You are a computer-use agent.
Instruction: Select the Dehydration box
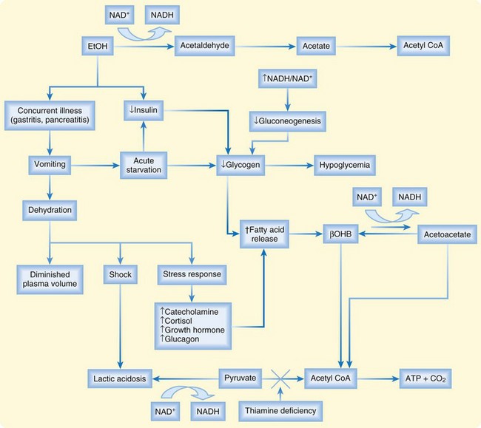pyautogui.click(x=50, y=209)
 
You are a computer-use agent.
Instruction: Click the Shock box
pyautogui.click(x=121, y=274)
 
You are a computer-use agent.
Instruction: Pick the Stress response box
pyautogui.click(x=191, y=274)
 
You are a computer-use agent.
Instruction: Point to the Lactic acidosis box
pyautogui.click(x=121, y=378)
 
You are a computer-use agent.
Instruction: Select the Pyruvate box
pyautogui.click(x=240, y=378)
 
